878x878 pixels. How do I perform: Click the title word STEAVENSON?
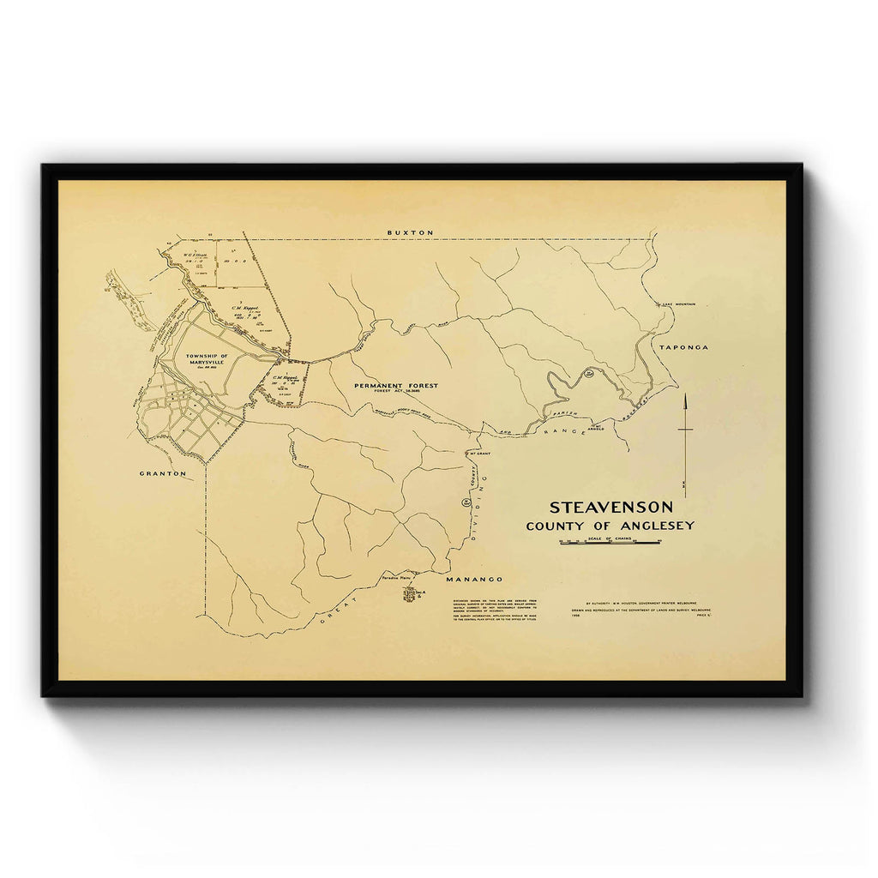610,508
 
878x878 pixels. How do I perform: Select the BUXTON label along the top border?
411,233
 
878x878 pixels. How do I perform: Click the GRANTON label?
163,472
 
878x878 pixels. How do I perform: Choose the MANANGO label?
474,580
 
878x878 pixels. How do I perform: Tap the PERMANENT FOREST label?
396,386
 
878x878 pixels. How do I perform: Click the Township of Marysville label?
205,359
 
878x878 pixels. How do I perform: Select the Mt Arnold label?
597,426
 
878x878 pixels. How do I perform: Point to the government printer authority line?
645,604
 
